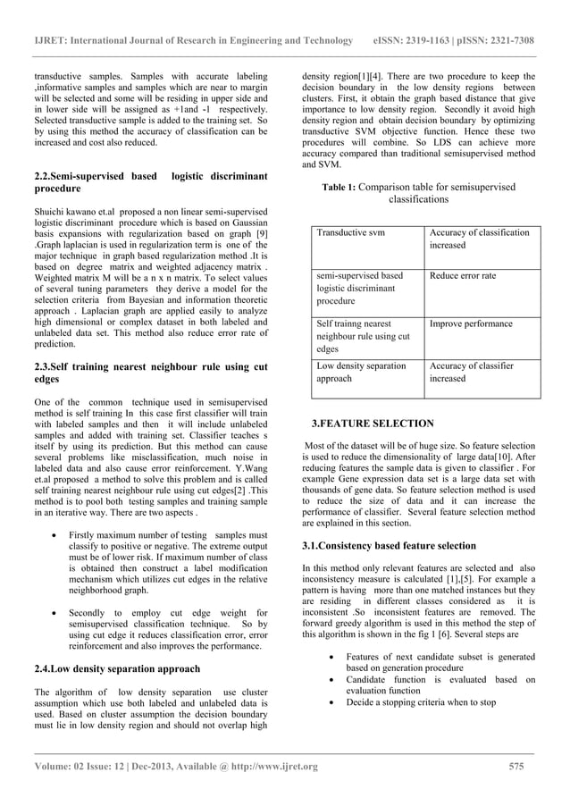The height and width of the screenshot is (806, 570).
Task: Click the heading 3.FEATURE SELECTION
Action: coord(372,423)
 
